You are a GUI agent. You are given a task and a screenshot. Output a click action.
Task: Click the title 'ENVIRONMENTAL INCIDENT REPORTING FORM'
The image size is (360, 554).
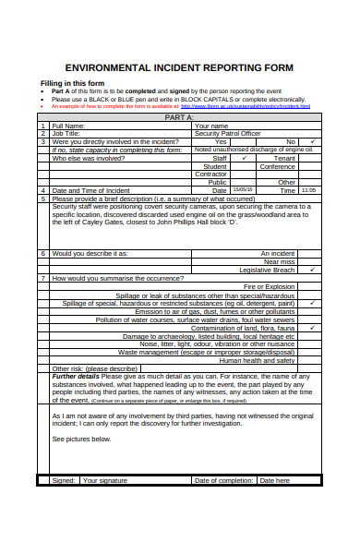point(179,68)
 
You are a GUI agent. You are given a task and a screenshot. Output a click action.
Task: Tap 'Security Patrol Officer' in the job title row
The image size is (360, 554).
point(228,134)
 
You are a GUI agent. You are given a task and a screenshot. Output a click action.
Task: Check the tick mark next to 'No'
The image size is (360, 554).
point(313,141)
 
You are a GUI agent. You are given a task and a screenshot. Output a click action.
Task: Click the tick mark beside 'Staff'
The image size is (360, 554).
point(244,158)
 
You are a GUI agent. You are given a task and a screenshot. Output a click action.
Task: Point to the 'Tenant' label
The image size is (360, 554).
point(285,158)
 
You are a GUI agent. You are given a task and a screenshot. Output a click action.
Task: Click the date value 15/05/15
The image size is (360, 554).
point(245,189)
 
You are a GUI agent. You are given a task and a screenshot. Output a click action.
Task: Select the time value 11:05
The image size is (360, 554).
point(308,189)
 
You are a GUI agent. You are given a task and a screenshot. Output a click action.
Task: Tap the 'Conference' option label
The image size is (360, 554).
point(277,166)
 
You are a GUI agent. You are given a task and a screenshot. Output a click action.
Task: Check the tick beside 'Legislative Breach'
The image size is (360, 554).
point(313,270)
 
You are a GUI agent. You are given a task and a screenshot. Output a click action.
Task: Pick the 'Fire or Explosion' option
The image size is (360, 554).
point(269,286)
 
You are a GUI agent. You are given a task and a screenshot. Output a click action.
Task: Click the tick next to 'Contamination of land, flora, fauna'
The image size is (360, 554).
point(313,328)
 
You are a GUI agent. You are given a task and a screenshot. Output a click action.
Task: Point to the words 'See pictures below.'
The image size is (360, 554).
point(82,440)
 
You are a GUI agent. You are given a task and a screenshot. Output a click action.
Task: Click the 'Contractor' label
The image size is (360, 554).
point(211,174)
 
